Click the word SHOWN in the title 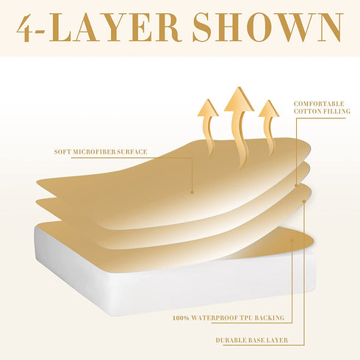click(x=267, y=27)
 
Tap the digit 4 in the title click(x=24, y=27)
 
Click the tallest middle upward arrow click(x=239, y=127)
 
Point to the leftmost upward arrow click(x=209, y=127)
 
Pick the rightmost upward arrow click(x=269, y=127)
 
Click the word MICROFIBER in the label click(x=94, y=152)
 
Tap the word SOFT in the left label click(x=62, y=152)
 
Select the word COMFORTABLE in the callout click(x=319, y=104)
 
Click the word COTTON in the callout click(x=307, y=112)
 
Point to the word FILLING click(x=336, y=112)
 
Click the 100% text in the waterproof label click(x=181, y=318)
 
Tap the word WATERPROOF click(x=214, y=318)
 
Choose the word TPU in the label click(x=245, y=318)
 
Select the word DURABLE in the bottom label click(x=231, y=340)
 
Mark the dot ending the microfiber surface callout click(x=192, y=192)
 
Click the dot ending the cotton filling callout click(x=296, y=186)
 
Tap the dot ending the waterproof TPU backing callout click(x=292, y=240)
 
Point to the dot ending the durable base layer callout click(x=304, y=201)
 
